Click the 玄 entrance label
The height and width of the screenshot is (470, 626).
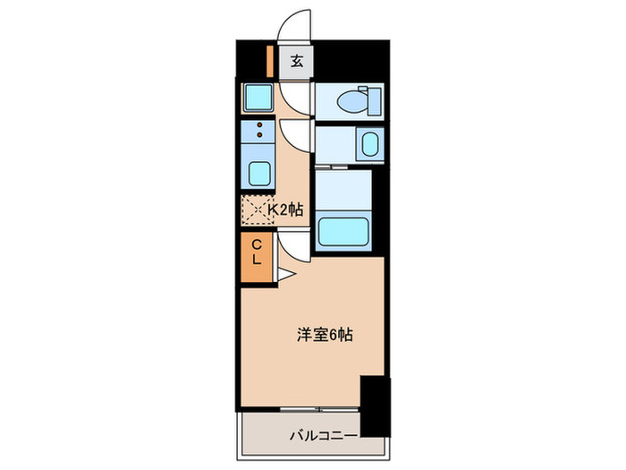pos(296,63)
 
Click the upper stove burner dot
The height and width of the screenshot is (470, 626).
pos(260,124)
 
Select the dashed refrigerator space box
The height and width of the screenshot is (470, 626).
pos(257,209)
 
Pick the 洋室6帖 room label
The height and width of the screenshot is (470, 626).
pos(325,336)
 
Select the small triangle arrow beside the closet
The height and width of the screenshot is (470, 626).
pos(283,273)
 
